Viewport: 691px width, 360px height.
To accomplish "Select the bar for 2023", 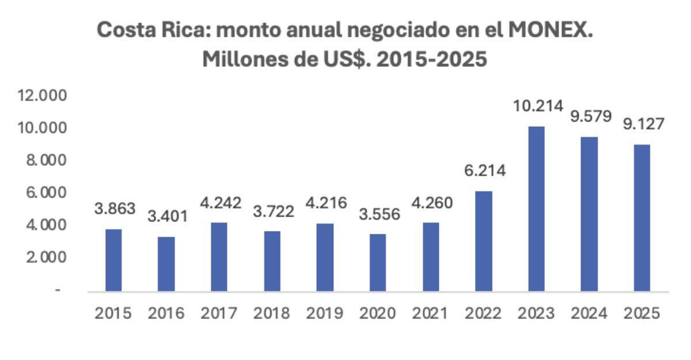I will tap(536, 209).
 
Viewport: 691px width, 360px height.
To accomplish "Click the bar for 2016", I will tap(166, 264).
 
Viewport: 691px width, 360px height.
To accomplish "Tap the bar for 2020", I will tap(378, 262).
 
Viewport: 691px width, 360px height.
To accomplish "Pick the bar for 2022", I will tap(483, 241).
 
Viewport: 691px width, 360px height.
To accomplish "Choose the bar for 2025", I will tap(641, 217).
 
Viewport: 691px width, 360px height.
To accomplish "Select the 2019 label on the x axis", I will tap(325, 313).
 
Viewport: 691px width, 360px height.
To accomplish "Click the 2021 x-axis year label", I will tap(430, 313).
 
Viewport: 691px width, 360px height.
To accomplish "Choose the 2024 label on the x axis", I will tap(589, 313).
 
